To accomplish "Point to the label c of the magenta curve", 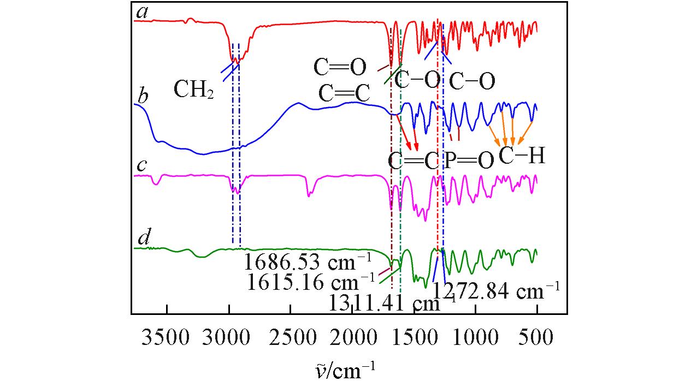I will coord(141,165).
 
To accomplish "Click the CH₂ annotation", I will coord(193,89).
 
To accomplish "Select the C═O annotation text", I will coord(339,68).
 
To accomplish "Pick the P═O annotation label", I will coord(469,160).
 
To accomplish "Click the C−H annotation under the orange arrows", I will coord(522,157).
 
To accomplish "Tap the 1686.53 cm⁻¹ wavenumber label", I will coord(308,263).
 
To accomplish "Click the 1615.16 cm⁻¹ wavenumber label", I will coord(310,282).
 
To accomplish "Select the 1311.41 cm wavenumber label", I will coord(385,303).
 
